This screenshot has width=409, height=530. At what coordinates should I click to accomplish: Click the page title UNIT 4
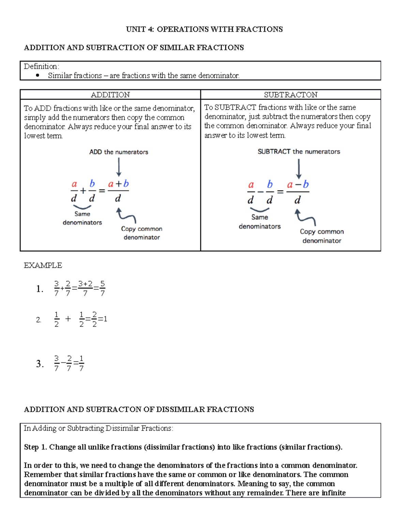click(x=204, y=29)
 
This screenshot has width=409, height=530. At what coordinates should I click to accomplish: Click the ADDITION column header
click(x=110, y=95)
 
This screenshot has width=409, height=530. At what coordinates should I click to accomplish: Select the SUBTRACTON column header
click(x=290, y=95)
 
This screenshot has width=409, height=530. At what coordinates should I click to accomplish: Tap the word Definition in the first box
click(x=41, y=66)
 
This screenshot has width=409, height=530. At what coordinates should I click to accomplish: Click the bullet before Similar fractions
click(x=37, y=75)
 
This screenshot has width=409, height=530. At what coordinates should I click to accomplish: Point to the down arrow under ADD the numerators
click(x=119, y=168)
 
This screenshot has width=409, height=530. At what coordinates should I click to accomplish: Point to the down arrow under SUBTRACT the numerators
click(x=299, y=169)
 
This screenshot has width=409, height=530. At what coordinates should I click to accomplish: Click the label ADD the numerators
click(x=119, y=152)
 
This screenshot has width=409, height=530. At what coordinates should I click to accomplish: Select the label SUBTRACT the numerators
click(x=299, y=152)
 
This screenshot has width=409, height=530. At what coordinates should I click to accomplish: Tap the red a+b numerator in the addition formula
click(x=118, y=184)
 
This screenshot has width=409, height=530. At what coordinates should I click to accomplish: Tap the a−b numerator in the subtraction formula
click(x=298, y=185)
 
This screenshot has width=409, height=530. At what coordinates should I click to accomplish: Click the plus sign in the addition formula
click(x=83, y=191)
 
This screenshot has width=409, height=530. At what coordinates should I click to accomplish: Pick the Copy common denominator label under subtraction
click(x=322, y=236)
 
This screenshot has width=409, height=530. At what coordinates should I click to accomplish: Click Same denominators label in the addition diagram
click(x=82, y=218)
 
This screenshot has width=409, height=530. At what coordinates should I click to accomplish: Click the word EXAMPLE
click(x=43, y=265)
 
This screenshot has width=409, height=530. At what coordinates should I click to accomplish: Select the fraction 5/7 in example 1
click(x=103, y=288)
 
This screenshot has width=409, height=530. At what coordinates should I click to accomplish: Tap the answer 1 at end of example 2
click(x=105, y=319)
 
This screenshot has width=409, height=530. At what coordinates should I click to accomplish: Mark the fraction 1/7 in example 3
click(x=81, y=363)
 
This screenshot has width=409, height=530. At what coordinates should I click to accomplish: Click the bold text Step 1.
click(x=35, y=447)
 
